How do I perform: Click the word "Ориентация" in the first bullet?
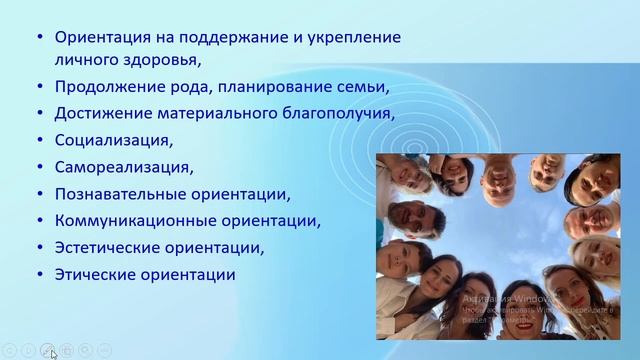101,38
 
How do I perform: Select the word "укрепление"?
355,38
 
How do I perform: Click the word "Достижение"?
103,114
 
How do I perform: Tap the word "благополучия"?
339,114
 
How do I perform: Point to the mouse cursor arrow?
51,352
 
